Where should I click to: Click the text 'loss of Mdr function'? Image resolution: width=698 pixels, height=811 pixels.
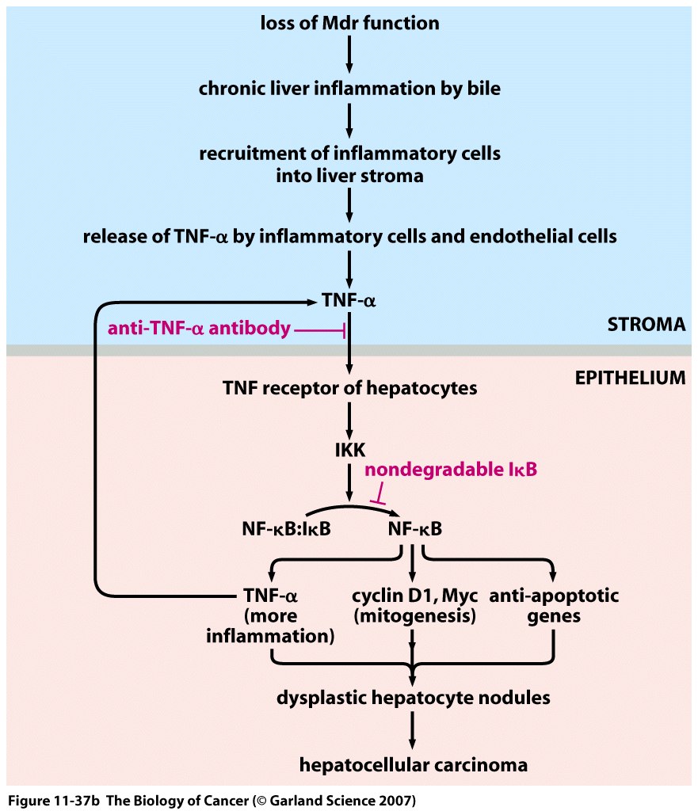point(349,22)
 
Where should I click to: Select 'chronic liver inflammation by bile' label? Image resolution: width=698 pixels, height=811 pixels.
point(349,88)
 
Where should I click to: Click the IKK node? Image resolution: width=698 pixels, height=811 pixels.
point(349,451)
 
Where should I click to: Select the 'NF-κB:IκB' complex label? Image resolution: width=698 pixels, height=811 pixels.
point(287,528)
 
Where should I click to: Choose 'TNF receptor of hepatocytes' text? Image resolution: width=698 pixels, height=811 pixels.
point(349,388)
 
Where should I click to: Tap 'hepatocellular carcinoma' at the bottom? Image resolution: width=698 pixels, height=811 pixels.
point(413,765)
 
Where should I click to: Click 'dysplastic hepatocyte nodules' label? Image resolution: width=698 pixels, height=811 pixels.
point(413,698)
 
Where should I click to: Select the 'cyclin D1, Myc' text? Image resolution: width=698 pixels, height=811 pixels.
point(412,596)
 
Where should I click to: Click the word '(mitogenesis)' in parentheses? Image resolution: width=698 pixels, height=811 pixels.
point(412,615)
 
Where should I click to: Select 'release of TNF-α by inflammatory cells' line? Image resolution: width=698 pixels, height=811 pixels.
point(349,236)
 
